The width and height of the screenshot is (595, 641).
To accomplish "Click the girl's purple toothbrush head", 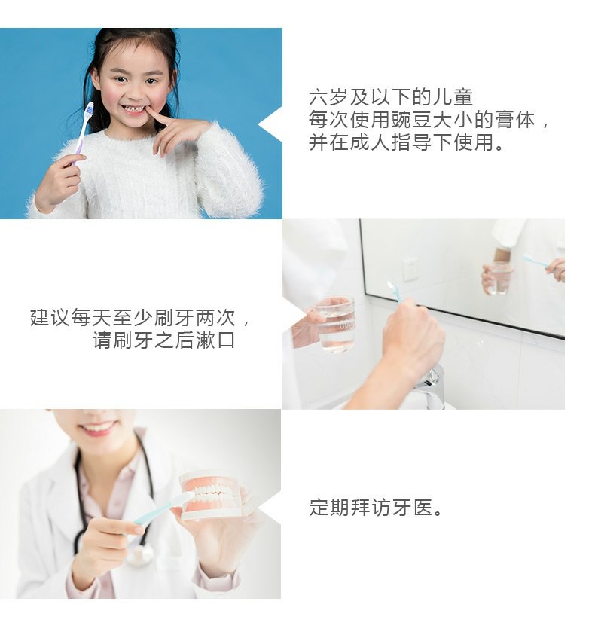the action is [89, 109].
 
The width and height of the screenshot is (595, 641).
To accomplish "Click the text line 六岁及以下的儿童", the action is [391, 98].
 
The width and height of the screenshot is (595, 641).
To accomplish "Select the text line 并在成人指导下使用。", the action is [407, 142].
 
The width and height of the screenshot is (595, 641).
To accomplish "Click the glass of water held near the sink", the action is [336, 324].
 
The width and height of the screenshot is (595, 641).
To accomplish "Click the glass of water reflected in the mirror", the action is [499, 278].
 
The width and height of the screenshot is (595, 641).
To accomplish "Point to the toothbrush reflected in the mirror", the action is [536, 261].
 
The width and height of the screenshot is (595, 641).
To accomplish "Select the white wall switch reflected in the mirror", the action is [410, 269].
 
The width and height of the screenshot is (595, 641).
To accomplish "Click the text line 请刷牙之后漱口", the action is [164, 340].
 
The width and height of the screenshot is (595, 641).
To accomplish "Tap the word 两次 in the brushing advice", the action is [215, 318].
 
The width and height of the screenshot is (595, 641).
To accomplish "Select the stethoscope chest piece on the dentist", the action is [140, 555].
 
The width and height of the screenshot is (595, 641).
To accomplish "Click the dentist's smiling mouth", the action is [97, 428].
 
